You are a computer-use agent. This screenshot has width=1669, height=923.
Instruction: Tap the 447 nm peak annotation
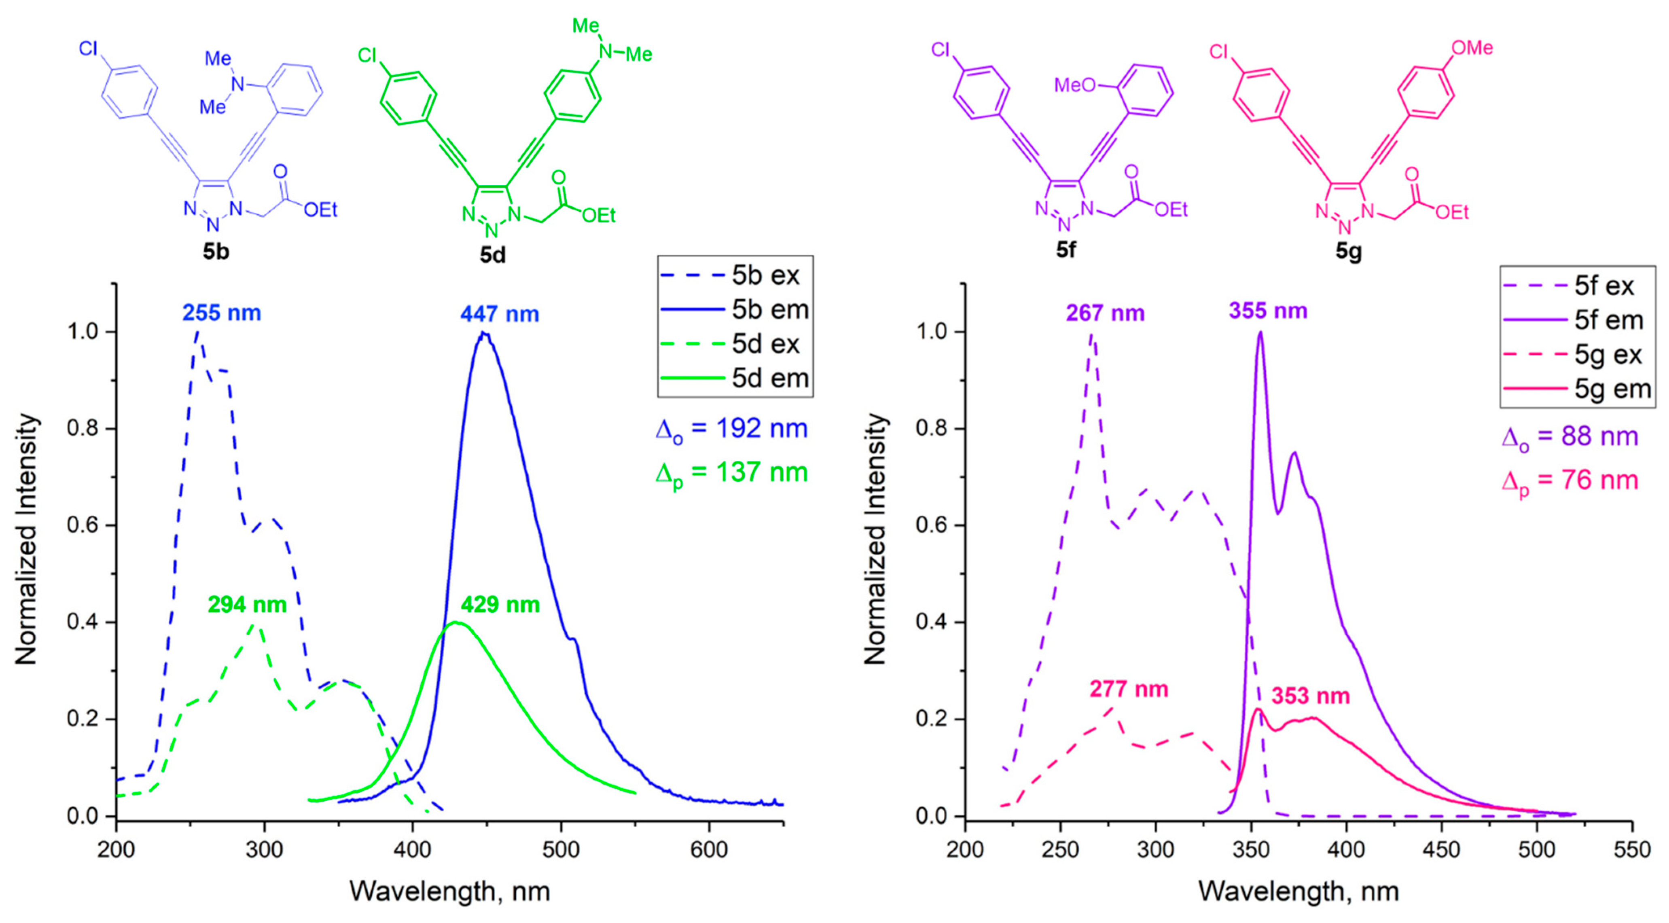pyautogui.click(x=500, y=314)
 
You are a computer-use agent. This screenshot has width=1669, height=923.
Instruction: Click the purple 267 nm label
pyautogui.click(x=1106, y=313)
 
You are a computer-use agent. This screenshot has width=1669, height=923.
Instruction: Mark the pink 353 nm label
pyautogui.click(x=1310, y=696)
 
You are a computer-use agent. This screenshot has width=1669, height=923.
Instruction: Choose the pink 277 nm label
pyautogui.click(x=1129, y=689)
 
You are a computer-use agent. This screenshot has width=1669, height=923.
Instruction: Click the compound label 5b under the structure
pyautogui.click(x=216, y=251)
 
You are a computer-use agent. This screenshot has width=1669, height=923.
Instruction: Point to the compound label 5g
pyautogui.click(x=1348, y=251)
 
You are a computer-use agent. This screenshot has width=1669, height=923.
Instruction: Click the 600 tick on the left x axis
pyautogui.click(x=709, y=849)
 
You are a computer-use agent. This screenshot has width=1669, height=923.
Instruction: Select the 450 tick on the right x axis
pyautogui.click(x=1442, y=849)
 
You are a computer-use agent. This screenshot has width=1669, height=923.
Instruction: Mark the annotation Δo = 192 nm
pyautogui.click(x=731, y=430)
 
